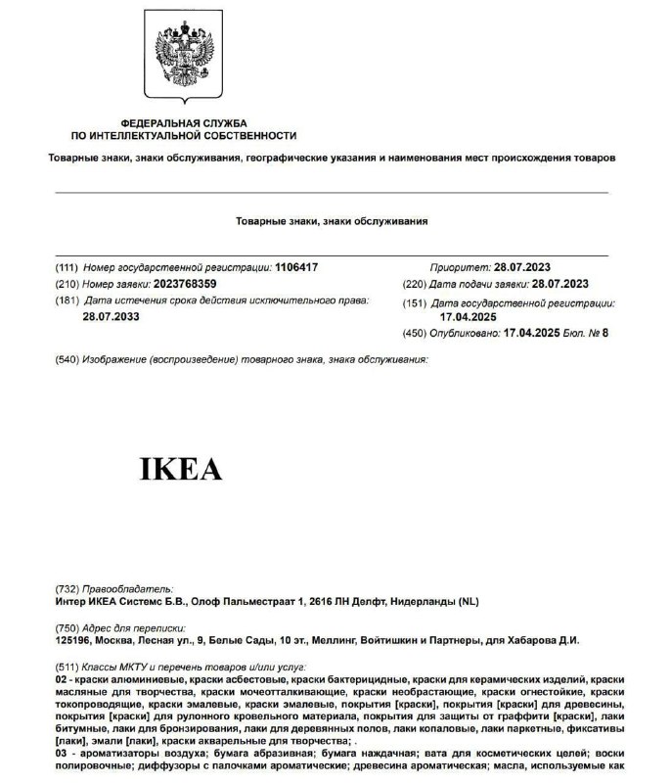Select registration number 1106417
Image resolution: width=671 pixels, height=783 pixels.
click(x=297, y=267)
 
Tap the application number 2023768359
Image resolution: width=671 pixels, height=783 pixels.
click(x=186, y=284)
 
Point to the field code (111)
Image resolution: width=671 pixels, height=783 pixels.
click(x=67, y=267)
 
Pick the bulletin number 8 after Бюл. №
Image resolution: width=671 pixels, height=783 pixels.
click(x=605, y=334)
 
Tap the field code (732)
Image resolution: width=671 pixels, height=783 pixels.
click(x=67, y=589)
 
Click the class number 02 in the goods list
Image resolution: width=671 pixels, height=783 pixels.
click(x=62, y=678)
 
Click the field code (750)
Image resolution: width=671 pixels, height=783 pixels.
click(x=67, y=627)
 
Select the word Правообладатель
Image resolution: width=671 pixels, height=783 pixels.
click(x=127, y=589)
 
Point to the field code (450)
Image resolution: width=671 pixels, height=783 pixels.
click(x=415, y=334)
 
